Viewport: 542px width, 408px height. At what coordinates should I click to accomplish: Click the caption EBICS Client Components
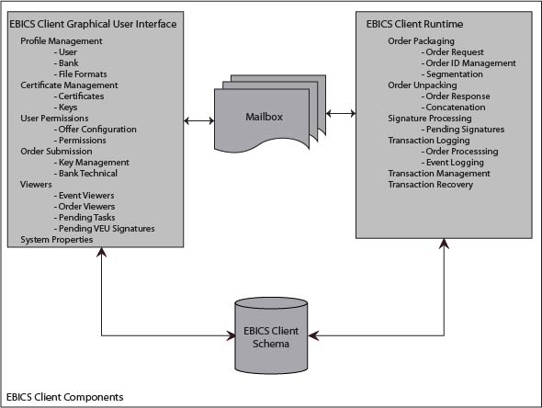tap(64, 396)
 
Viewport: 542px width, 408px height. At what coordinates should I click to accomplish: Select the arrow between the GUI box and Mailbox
tap(199, 119)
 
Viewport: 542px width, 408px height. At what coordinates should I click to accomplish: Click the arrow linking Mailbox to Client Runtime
tap(341, 114)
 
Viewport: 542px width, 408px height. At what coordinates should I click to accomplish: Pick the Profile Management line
tap(62, 41)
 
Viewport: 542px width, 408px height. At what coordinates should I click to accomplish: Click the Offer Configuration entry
tap(96, 130)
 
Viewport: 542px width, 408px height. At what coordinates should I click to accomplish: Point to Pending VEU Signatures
tap(106, 229)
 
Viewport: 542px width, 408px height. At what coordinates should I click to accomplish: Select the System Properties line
tap(57, 240)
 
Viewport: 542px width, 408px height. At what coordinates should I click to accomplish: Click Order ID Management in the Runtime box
tap(469, 63)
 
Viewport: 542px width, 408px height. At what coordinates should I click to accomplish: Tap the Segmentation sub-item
tap(457, 74)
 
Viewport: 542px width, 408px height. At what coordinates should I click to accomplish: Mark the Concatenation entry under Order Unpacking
tap(458, 108)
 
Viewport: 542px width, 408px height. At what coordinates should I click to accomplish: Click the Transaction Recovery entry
tap(431, 185)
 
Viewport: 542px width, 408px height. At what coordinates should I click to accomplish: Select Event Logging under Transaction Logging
tap(455, 163)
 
